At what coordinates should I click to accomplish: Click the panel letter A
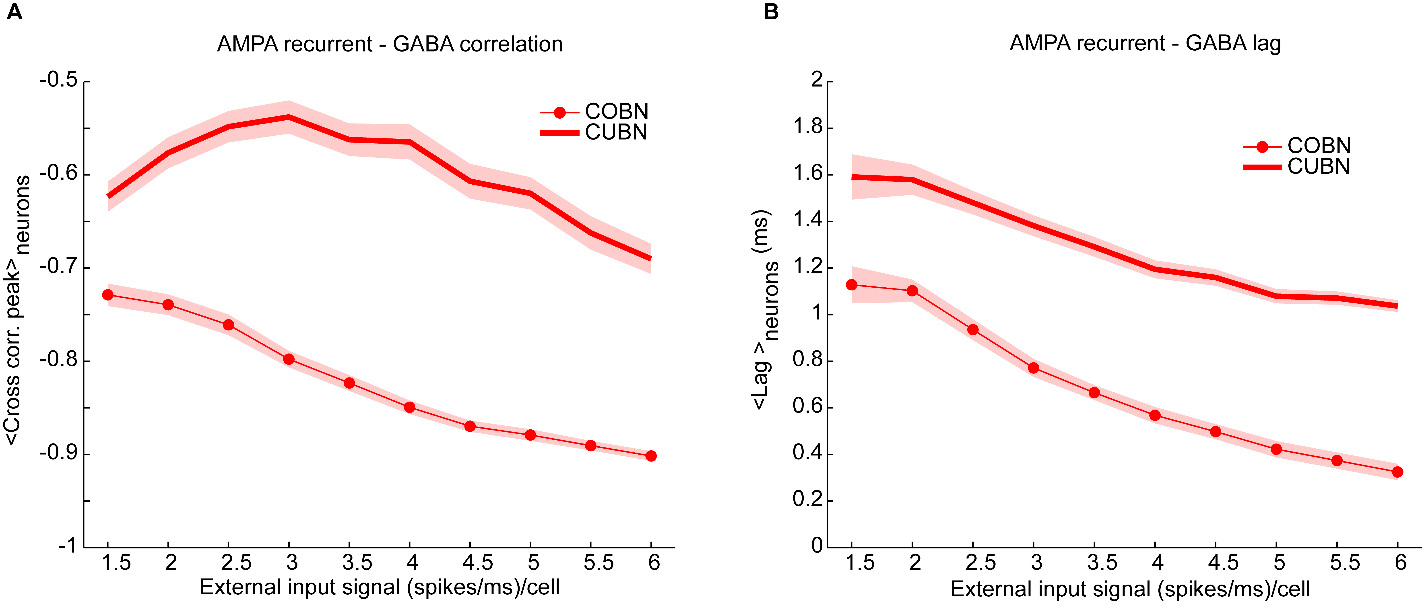(14, 12)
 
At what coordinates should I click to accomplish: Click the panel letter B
(771, 12)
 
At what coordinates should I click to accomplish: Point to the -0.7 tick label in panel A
(58, 267)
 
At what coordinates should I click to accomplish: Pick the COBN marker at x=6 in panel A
(651, 456)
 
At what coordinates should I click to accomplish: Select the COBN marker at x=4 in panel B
(1155, 415)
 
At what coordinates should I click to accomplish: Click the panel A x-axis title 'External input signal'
(380, 587)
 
